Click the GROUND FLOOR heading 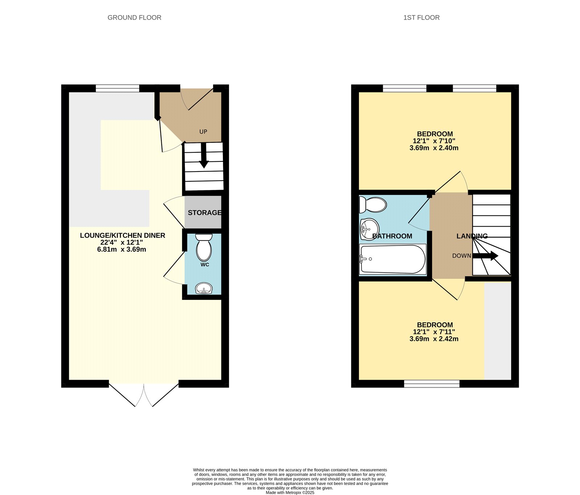(x=134, y=17)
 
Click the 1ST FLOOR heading (x=421, y=17)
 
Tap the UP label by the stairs (x=203, y=132)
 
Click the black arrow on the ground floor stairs (x=204, y=156)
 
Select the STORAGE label (x=204, y=213)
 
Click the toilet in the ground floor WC (x=204, y=247)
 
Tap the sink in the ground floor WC (x=203, y=289)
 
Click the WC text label (x=205, y=265)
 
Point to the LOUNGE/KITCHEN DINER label (x=123, y=235)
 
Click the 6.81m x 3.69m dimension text (x=121, y=249)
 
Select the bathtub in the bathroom (x=393, y=259)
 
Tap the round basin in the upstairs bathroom (x=369, y=228)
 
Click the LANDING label (x=472, y=236)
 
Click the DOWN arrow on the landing (x=486, y=256)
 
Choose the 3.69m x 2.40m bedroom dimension (x=434, y=148)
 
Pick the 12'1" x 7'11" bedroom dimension (x=434, y=332)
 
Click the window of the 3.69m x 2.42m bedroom (x=432, y=384)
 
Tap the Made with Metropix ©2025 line (x=290, y=492)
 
